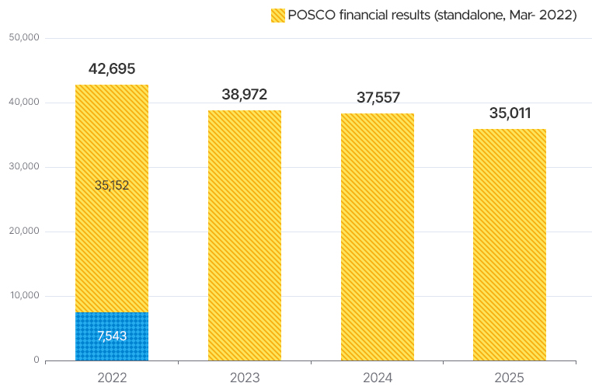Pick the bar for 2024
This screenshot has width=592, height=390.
click(377, 236)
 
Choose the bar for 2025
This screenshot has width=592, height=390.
click(510, 244)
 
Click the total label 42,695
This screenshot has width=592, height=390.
click(111, 68)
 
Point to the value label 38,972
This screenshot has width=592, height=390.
click(244, 95)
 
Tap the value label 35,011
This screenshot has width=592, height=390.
click(510, 113)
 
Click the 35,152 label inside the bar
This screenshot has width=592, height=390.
click(111, 185)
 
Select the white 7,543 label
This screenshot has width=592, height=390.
click(111, 336)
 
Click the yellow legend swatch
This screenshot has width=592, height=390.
click(277, 15)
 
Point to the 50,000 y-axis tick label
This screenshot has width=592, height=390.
click(23, 37)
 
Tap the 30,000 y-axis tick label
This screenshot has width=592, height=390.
click(23, 167)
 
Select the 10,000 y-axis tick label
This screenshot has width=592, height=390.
click(23, 296)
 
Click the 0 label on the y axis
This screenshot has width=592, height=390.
click(36, 360)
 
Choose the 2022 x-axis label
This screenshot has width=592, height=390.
click(111, 378)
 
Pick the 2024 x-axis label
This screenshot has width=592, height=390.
click(377, 378)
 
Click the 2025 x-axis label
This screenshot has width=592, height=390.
click(510, 378)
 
